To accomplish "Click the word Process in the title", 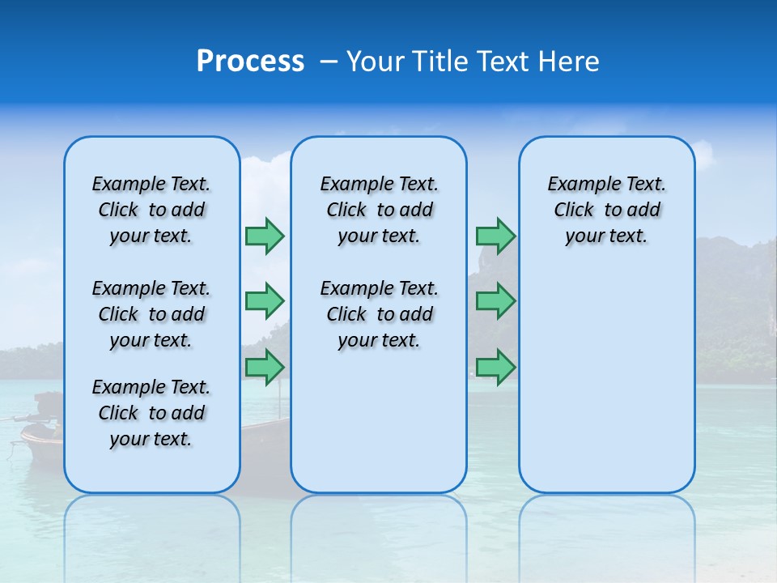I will [250, 62].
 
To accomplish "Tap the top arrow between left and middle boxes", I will [265, 236].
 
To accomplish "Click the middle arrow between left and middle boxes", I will [265, 301].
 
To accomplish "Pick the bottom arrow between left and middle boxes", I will [265, 367].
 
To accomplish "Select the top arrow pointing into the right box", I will [495, 236].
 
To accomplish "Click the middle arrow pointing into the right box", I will [495, 301].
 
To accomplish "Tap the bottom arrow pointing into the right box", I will [495, 367].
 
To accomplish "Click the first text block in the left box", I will [151, 210].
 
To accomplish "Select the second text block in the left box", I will [151, 314].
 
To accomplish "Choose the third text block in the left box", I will [151, 413].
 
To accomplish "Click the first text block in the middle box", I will [379, 210].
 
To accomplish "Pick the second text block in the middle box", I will [379, 314].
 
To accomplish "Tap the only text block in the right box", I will [606, 210].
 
